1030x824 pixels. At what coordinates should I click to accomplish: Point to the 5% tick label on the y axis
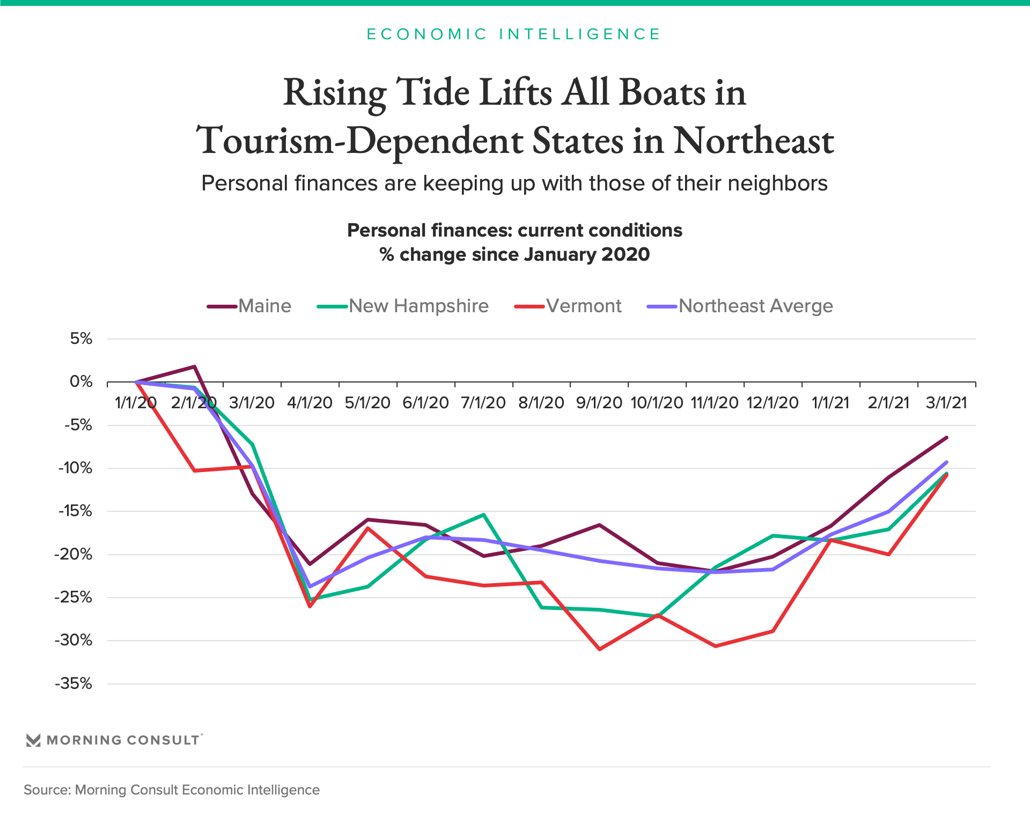[x=81, y=339]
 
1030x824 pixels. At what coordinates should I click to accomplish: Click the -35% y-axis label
[x=74, y=684]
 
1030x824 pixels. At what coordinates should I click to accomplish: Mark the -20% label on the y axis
[x=74, y=555]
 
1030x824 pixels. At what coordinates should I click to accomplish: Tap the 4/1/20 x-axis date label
[x=310, y=403]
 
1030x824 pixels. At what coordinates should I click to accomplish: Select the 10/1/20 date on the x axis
[x=657, y=403]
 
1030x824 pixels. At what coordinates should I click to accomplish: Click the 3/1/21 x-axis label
[x=946, y=403]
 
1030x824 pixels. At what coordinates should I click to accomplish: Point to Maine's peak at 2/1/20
[x=194, y=367]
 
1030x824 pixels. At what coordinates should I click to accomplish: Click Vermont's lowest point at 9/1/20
[x=599, y=649]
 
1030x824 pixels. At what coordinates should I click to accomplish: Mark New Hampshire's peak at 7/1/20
[x=484, y=515]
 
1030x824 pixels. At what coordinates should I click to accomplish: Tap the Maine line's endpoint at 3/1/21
[x=946, y=438]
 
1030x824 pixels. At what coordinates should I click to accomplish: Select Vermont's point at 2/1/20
[x=194, y=470]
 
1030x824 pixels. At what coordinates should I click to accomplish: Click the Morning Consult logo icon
[x=33, y=740]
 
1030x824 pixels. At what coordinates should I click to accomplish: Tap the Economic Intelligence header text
[x=514, y=34]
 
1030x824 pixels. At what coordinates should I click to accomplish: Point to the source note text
[x=172, y=790]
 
